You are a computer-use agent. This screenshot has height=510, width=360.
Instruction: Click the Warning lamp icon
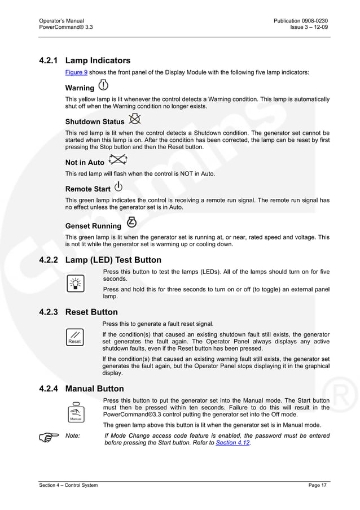tap(104, 86)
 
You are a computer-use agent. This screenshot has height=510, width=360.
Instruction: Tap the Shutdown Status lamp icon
tap(134, 119)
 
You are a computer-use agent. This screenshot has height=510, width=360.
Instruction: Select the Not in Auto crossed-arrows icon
tap(117, 160)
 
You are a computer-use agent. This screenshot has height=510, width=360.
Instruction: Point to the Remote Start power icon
tap(118, 187)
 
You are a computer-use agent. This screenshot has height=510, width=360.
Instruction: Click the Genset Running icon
tap(131, 221)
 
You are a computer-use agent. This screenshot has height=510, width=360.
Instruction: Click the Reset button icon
tap(74, 337)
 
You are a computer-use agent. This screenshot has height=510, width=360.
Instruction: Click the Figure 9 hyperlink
tap(76, 72)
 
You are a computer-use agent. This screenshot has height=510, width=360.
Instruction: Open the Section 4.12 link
tap(232, 443)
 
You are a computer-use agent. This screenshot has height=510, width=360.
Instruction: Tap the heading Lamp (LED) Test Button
tap(113, 260)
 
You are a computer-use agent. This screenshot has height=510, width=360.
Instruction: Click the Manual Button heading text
tap(95, 389)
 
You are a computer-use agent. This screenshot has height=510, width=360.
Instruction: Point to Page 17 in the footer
tap(318, 486)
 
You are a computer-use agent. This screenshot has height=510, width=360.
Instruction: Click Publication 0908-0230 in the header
tap(300, 21)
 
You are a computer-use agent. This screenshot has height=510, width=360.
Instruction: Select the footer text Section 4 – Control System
tap(68, 486)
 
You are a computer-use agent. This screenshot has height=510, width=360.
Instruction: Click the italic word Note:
tap(73, 435)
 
